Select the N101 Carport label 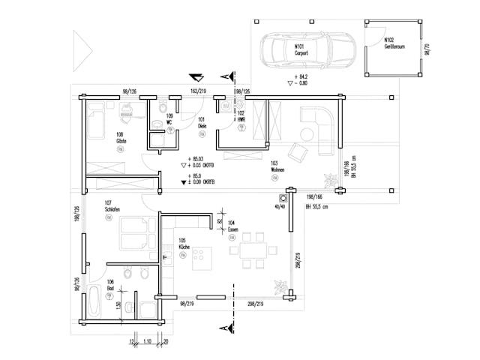point(301,49)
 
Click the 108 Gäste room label point(120,138)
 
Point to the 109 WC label point(170,119)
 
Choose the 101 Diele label point(202,122)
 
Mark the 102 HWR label point(241,116)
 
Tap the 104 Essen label point(232,226)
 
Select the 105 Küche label point(183,245)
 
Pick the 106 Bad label point(110,285)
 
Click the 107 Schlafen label point(112,206)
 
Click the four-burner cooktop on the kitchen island point(202,259)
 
